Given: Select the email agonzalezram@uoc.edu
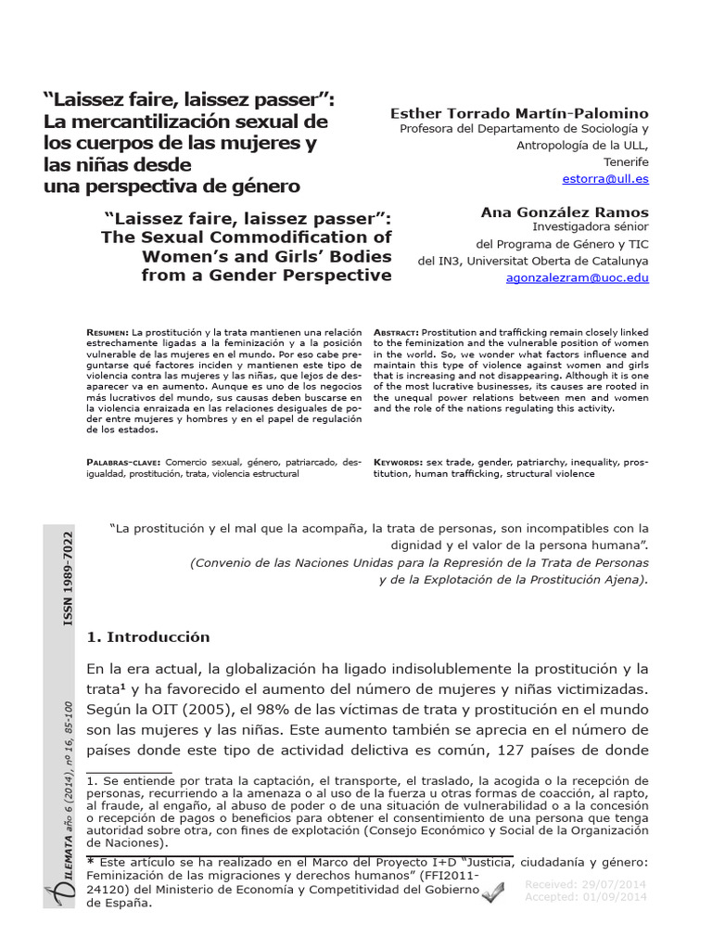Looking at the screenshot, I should point(578,276).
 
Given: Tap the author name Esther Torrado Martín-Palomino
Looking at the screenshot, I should point(519,113).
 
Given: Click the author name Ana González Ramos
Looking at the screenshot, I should point(565,212).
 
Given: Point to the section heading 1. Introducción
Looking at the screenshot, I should point(147,637).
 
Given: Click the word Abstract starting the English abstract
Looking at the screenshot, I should point(395,331).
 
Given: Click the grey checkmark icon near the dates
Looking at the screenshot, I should point(492,892).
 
